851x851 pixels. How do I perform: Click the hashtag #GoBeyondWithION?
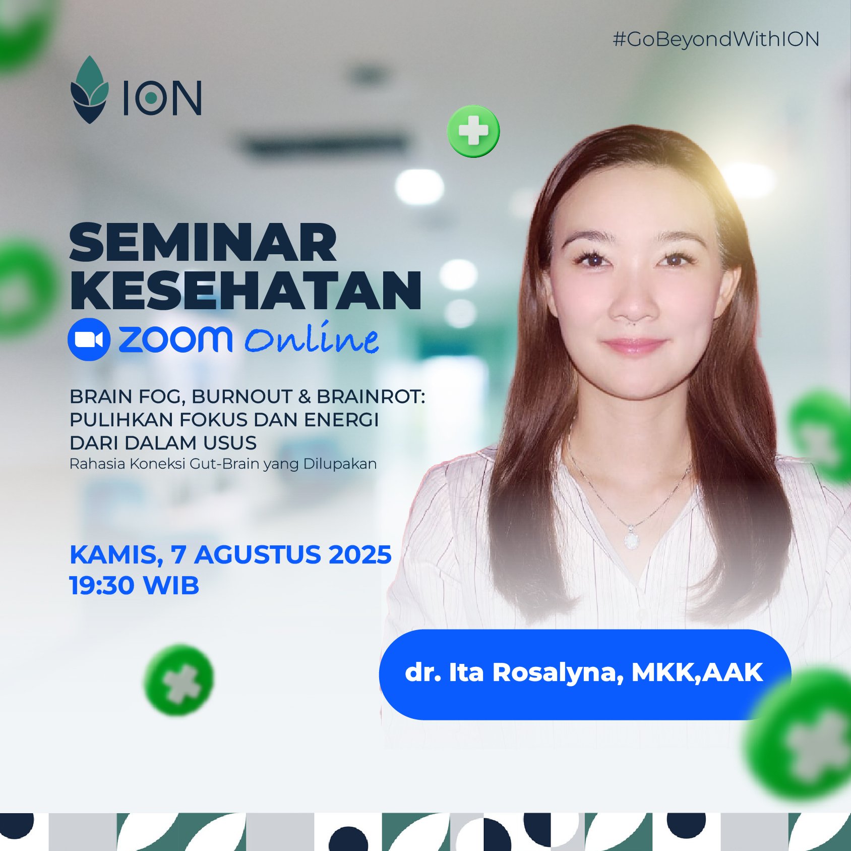(x=716, y=39)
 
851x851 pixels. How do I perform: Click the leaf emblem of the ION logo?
(x=89, y=90)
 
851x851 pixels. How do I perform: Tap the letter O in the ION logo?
(x=151, y=97)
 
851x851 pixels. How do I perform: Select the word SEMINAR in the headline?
(x=203, y=243)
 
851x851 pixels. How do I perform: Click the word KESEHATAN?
(x=245, y=291)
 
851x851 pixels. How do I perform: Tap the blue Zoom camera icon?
(x=89, y=339)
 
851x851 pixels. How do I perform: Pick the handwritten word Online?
(x=312, y=338)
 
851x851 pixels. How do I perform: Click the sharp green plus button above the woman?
(x=473, y=131)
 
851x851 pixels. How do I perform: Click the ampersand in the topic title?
(x=305, y=397)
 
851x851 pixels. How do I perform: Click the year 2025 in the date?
(x=360, y=555)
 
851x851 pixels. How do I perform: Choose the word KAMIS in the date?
(x=113, y=555)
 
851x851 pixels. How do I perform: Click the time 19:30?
(x=102, y=586)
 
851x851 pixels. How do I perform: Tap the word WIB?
(x=171, y=586)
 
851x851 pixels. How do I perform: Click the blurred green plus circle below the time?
(x=179, y=680)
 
